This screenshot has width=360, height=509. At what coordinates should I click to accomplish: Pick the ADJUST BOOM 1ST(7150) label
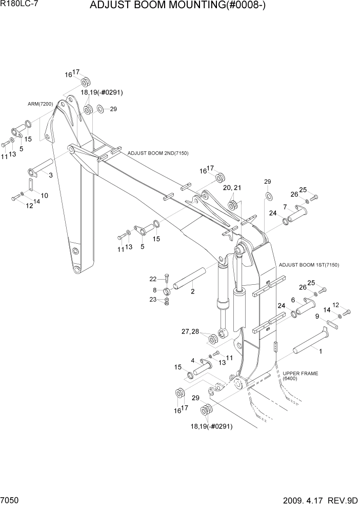[x=309, y=265]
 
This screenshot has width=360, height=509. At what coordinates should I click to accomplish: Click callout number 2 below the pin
[x=192, y=292]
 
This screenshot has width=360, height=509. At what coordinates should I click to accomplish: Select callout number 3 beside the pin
[x=50, y=175]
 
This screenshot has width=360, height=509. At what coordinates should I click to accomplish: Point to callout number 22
[x=152, y=279]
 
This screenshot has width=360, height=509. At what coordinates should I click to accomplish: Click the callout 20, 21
[x=232, y=188]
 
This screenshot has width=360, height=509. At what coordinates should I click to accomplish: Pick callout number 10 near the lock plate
[x=45, y=195]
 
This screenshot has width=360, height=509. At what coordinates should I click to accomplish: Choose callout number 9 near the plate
[x=317, y=316]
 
